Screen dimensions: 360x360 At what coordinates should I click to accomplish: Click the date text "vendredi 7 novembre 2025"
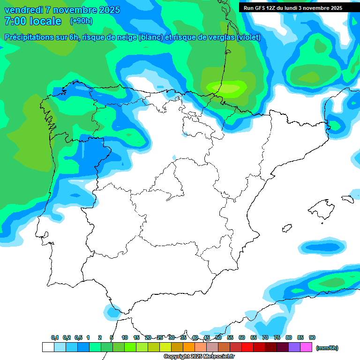[x=62, y=10]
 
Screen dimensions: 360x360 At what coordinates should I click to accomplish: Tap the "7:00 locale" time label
[x=32, y=21]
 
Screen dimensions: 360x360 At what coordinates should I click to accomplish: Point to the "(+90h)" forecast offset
[x=81, y=21]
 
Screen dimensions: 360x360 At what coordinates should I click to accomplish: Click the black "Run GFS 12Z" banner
[x=292, y=8]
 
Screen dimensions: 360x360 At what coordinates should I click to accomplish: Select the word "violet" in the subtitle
[x=248, y=37]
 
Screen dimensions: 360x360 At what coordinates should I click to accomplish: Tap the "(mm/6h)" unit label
[x=327, y=348]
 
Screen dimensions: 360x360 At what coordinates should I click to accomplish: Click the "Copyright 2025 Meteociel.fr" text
[x=199, y=357]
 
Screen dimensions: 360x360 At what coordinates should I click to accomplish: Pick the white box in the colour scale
[x=48, y=347]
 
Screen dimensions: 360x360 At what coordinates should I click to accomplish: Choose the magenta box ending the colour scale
[x=306, y=347]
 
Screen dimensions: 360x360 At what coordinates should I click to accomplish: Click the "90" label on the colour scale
[x=312, y=337]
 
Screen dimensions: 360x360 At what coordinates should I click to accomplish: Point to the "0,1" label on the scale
[x=55, y=337]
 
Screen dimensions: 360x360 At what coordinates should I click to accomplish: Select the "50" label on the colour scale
[x=218, y=337]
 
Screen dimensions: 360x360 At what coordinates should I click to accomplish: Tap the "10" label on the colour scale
[x=125, y=337]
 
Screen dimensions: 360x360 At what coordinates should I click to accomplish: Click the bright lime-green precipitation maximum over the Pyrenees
[x=227, y=88]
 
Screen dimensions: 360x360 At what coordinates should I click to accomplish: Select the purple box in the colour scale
[x=294, y=347]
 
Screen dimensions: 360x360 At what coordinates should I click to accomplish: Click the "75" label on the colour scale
[x=277, y=337]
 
